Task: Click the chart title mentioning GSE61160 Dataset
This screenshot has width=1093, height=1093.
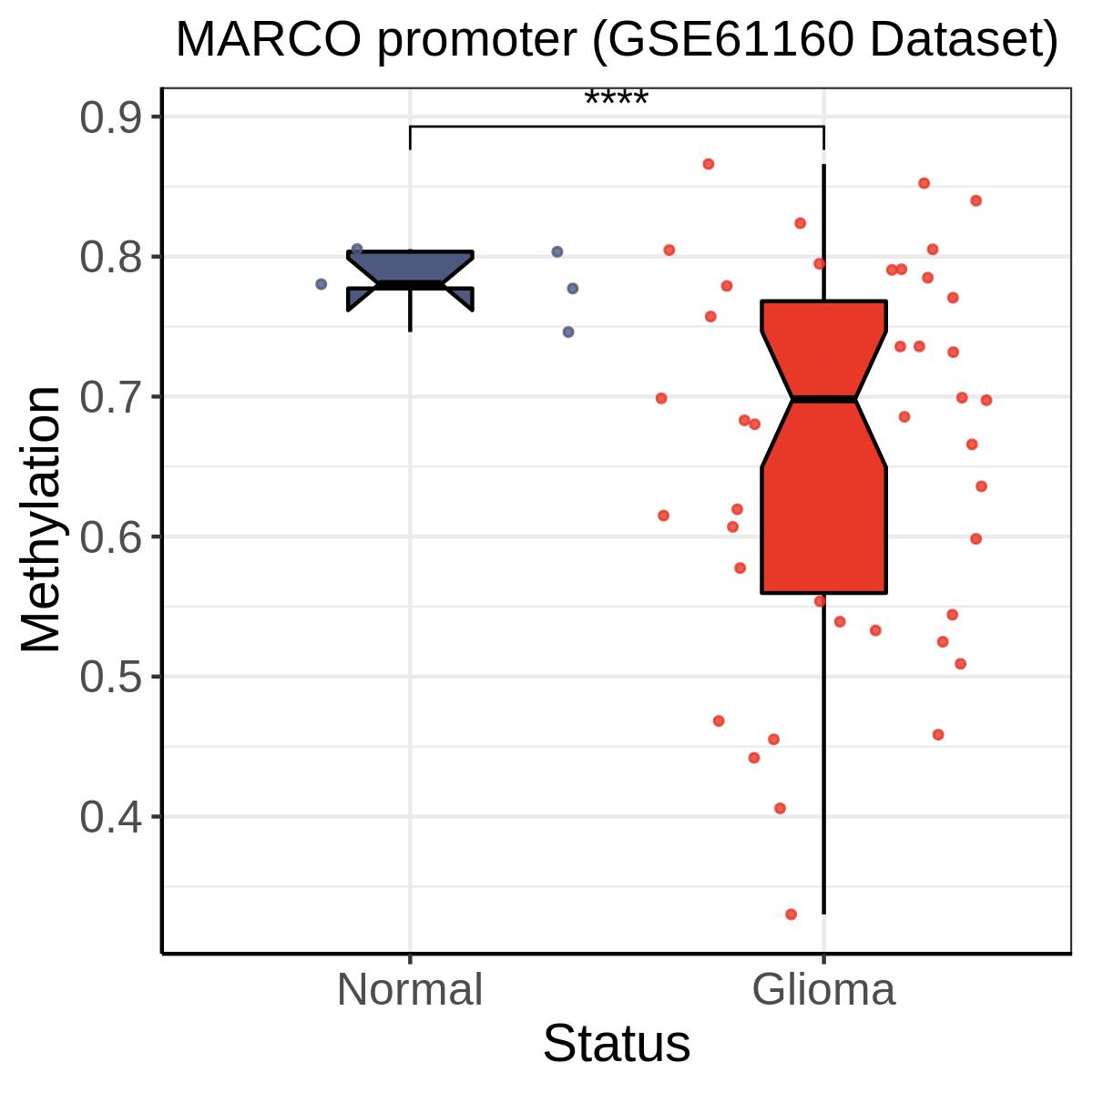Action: pos(617,40)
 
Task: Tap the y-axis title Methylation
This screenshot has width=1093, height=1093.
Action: pos(40,519)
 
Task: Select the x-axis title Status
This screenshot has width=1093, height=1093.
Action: pos(617,1043)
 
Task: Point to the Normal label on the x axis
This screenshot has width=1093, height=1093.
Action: pos(410,990)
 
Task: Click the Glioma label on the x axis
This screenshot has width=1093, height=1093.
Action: pos(823,990)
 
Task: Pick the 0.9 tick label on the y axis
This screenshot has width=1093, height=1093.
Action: pos(110,118)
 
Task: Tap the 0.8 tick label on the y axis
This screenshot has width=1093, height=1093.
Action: pos(110,258)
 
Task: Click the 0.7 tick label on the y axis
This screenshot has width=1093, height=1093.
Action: pos(110,397)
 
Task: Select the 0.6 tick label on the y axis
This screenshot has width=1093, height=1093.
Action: pos(110,537)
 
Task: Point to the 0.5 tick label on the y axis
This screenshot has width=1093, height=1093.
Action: pos(110,677)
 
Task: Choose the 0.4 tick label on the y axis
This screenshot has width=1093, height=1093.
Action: pos(110,817)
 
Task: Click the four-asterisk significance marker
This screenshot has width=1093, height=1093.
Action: pos(616,97)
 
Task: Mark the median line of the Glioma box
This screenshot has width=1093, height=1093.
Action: pos(823,399)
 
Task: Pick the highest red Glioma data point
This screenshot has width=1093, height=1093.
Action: pos(709,164)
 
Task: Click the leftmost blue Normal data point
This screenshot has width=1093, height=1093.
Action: pos(321,284)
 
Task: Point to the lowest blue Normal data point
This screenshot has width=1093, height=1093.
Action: pos(568,332)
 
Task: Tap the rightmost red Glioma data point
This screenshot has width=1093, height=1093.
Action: pos(986,401)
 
